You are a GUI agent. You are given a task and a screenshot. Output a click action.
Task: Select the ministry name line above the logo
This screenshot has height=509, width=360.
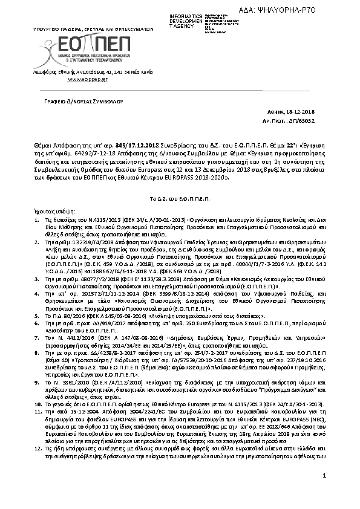[x=91, y=28]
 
